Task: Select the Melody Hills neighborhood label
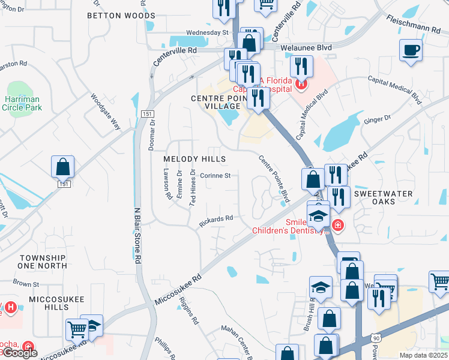194,159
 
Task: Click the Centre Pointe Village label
218,102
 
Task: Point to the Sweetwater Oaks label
383,197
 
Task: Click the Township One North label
42,261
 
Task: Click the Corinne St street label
215,176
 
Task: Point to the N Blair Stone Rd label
137,234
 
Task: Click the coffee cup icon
411,50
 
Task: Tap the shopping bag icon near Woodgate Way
63,166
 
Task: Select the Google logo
19,353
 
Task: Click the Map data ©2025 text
424,355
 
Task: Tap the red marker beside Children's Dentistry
338,226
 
